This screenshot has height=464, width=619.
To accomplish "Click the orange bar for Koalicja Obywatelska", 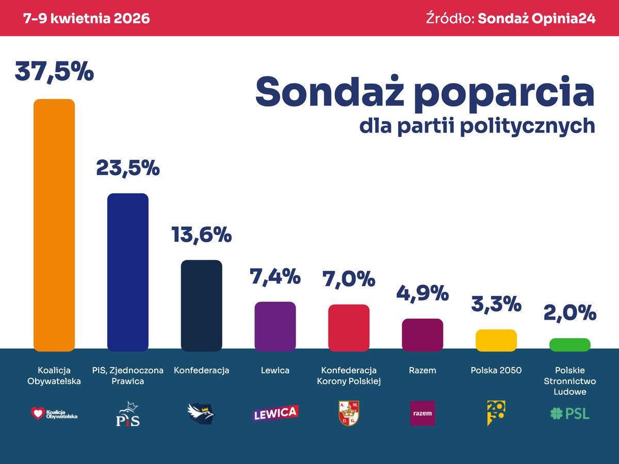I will click(54, 225).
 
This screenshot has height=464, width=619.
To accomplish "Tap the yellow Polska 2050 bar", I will click(496, 340).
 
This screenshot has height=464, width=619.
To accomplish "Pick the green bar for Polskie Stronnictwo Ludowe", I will click(569, 345).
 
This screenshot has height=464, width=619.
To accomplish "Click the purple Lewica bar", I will click(275, 326).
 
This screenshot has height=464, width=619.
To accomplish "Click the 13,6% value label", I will click(201, 235).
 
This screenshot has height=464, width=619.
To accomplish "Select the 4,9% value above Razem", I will click(422, 293).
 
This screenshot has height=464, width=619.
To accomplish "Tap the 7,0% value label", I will click(349, 279).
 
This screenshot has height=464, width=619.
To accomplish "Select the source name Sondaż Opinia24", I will click(536, 19).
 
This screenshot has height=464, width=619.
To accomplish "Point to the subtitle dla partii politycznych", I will click(477, 126).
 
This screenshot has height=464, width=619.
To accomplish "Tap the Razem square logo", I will click(422, 413).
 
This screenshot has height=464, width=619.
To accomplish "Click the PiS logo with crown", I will click(127, 413).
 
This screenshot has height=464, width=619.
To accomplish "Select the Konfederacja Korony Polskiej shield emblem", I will click(349, 413).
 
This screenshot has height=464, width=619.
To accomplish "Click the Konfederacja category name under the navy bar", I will click(201, 370).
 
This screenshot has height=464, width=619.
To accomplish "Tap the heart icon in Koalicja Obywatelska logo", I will click(38, 413).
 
